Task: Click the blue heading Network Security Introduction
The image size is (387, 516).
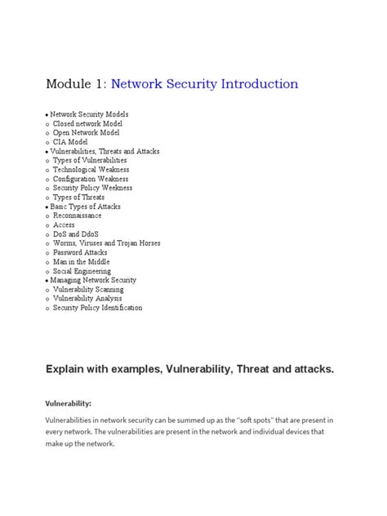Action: coord(204,84)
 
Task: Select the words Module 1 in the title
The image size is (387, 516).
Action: coord(77,84)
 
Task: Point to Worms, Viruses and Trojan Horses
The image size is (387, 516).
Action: coord(107,243)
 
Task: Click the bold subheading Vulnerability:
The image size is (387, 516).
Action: coord(68,403)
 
